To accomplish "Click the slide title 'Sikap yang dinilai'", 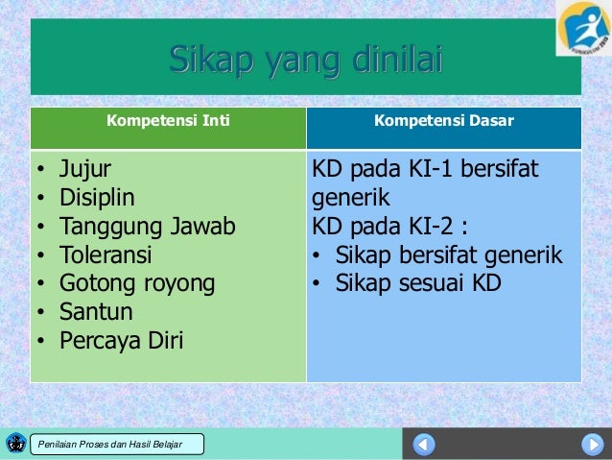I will pyautogui.click(x=306, y=60).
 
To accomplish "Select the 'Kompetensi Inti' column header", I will pyautogui.click(x=168, y=122).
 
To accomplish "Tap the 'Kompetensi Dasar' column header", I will pyautogui.click(x=443, y=122).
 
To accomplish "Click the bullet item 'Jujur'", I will pyautogui.click(x=85, y=170).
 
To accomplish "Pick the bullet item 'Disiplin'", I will pyautogui.click(x=97, y=199).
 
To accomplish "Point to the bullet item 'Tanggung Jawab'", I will pyautogui.click(x=147, y=228).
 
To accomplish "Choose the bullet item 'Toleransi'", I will pyautogui.click(x=106, y=256).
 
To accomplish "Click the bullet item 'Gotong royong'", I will pyautogui.click(x=137, y=284).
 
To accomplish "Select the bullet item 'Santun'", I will pyautogui.click(x=96, y=312).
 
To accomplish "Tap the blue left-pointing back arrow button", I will pyautogui.click(x=424, y=445).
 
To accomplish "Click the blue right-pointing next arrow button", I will pyautogui.click(x=592, y=445).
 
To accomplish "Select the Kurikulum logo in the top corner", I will pyautogui.click(x=583, y=28).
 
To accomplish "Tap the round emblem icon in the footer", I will pyautogui.click(x=15, y=443).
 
